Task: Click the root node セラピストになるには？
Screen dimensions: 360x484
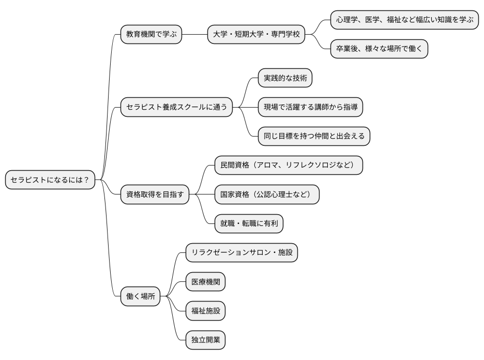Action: coord(50,180)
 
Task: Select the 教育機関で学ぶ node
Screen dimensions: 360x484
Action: coord(151,35)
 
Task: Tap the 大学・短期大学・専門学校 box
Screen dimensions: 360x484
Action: coord(255,35)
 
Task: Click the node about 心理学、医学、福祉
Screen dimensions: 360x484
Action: coord(404,20)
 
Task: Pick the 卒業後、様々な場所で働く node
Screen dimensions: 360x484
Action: coord(379,49)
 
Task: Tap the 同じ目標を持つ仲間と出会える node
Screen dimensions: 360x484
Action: coord(314,137)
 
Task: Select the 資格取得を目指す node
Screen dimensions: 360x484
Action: coord(155,195)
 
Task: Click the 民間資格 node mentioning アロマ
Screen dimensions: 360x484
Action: coord(289,166)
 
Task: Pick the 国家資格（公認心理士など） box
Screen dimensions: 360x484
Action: coord(266,195)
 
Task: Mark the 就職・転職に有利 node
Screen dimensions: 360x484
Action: coord(249,224)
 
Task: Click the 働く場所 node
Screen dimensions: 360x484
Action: coord(140,297)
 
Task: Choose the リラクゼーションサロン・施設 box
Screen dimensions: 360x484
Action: coord(241,253)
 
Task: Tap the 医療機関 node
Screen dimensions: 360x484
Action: coord(205,282)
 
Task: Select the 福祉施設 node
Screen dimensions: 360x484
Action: coord(205,311)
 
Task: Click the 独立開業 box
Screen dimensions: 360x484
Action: coord(205,340)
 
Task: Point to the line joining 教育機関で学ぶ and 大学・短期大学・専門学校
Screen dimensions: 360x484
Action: coord(194,35)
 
